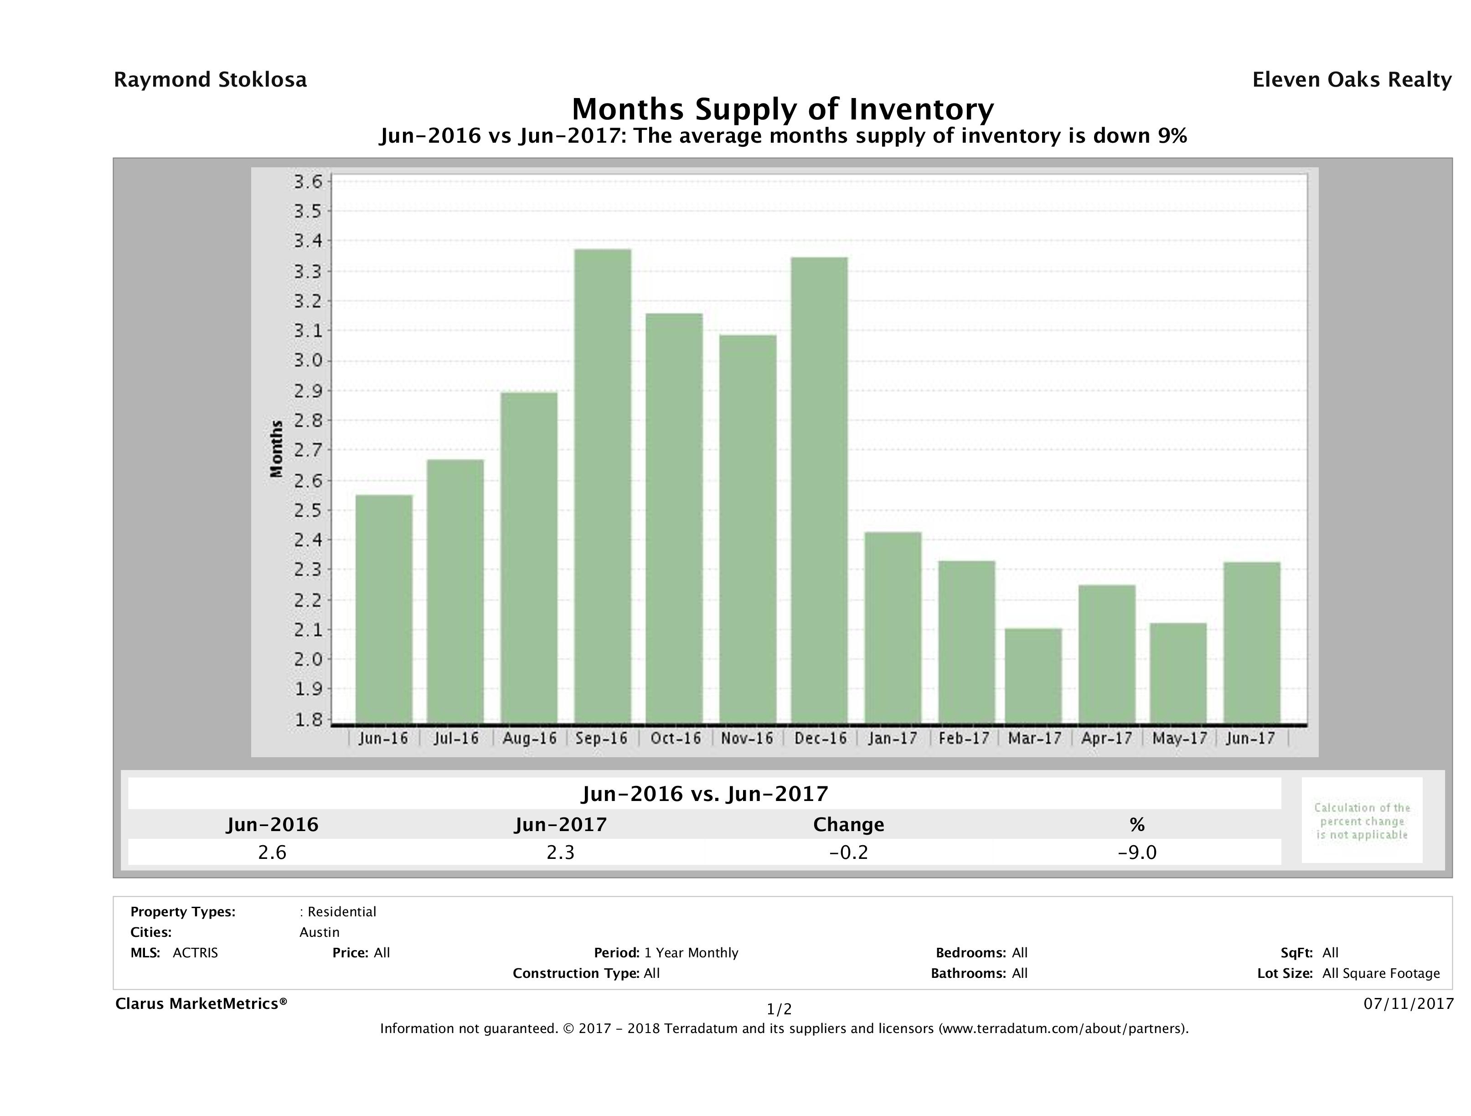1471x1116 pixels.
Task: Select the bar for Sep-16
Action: [x=603, y=486]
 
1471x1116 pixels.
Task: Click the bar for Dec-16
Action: [x=819, y=490]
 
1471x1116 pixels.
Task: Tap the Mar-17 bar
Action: [x=1033, y=676]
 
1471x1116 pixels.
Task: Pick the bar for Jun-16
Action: [x=384, y=609]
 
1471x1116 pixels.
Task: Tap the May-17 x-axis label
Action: [x=1179, y=738]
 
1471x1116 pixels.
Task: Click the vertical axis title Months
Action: [x=277, y=449]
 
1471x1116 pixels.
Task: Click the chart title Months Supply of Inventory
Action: [x=783, y=109]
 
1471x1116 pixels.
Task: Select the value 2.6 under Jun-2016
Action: [x=272, y=852]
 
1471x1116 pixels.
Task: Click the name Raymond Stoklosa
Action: [x=210, y=80]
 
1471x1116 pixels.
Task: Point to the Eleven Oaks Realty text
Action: [x=1351, y=80]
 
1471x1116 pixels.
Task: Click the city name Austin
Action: [x=319, y=932]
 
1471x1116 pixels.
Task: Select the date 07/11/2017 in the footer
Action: [x=1408, y=1003]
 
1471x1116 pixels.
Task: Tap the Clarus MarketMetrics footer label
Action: [x=201, y=1003]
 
